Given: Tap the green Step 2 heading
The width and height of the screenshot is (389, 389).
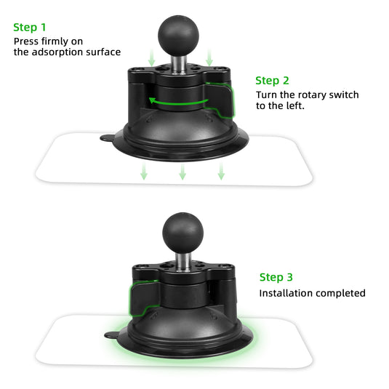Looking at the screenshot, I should (273, 81).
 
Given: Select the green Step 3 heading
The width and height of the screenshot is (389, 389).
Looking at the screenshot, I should (277, 277).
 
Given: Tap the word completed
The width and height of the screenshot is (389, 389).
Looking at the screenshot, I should (340, 293).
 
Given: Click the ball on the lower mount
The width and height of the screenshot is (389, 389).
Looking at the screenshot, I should (179, 230).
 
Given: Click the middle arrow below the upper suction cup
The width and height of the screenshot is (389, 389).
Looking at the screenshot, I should (183, 172).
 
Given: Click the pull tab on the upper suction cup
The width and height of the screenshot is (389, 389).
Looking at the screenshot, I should (107, 136).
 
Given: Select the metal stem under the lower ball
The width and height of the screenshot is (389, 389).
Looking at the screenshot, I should (179, 257).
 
